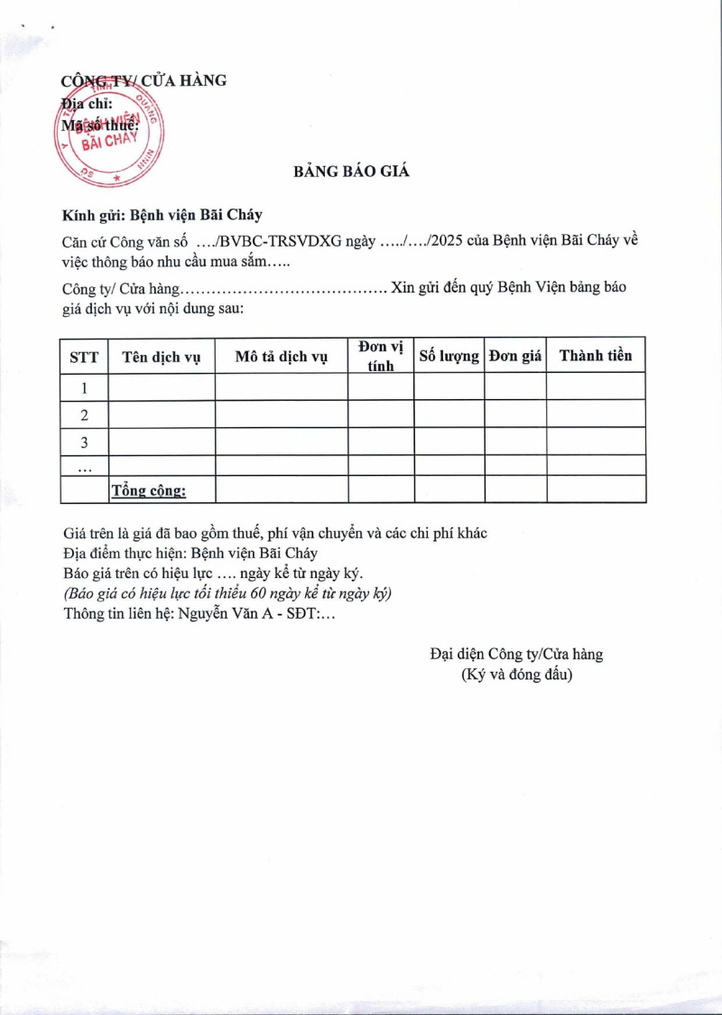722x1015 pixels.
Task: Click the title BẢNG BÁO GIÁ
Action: pyautogui.click(x=351, y=172)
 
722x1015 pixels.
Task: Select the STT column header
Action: pyautogui.click(x=84, y=357)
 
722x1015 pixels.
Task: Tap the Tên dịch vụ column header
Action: pyautogui.click(x=162, y=357)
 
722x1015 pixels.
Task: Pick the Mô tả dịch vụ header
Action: pyautogui.click(x=281, y=357)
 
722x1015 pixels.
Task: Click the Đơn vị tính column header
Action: pyautogui.click(x=381, y=356)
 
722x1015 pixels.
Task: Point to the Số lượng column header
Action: pyautogui.click(x=449, y=356)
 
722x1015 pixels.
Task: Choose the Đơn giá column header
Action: pyautogui.click(x=514, y=356)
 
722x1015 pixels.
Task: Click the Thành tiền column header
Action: pyautogui.click(x=596, y=356)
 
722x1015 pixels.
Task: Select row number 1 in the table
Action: pyautogui.click(x=84, y=387)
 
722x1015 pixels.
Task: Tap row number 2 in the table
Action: pyautogui.click(x=84, y=414)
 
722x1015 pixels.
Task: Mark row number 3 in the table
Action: pyautogui.click(x=84, y=442)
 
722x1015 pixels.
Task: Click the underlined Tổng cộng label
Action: pyautogui.click(x=148, y=490)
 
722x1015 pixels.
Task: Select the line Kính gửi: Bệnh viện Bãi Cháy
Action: pyautogui.click(x=162, y=215)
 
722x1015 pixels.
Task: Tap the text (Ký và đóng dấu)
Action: pyautogui.click(x=516, y=674)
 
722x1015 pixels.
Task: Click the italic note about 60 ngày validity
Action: pyautogui.click(x=227, y=594)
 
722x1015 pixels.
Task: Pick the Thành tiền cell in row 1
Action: pyautogui.click(x=596, y=387)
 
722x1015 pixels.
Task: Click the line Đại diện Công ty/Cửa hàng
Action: pyautogui.click(x=516, y=654)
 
